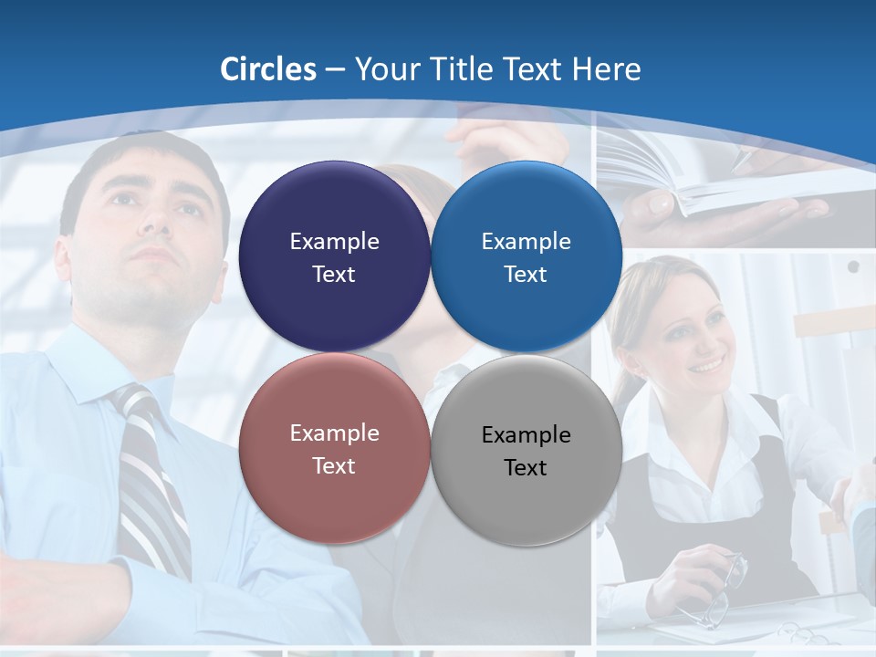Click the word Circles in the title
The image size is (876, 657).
[x=268, y=69]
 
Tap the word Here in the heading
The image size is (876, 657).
[x=607, y=69]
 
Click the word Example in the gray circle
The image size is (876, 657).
[x=527, y=435]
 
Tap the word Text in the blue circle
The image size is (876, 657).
[x=526, y=275]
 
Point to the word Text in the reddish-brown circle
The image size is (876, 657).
[x=334, y=466]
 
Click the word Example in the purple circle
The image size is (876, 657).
[x=334, y=242]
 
